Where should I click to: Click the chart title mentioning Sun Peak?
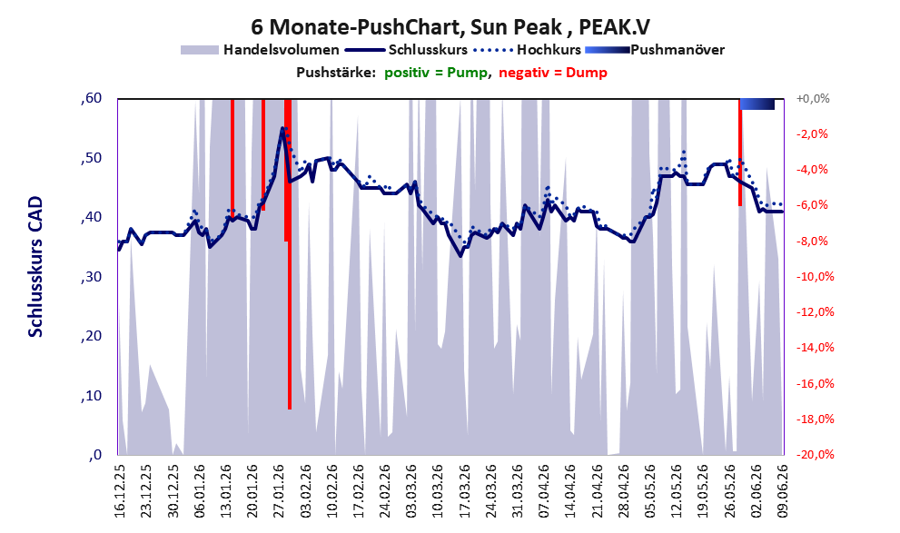pos(450,26)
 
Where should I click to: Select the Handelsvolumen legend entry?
pos(260,50)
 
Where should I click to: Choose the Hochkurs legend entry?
pos(527,50)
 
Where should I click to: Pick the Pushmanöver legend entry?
pos(655,50)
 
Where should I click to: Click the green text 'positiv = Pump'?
pos(436,73)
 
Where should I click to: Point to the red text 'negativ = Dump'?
pos(553,73)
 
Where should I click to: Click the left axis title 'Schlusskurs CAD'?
pos(35,267)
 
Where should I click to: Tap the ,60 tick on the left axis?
pos(92,98)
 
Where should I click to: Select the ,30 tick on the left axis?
pos(92,277)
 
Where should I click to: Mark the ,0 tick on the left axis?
pos(95,455)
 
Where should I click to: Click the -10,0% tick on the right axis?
pos(815,277)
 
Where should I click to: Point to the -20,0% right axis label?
pos(815,454)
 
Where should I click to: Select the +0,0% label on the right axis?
pos(813,99)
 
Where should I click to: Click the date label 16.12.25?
pos(119,491)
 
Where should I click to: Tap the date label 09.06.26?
pos(783,491)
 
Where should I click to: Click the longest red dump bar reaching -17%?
pos(290,254)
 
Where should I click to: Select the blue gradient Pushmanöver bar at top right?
pos(757,104)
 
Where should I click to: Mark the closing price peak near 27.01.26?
pos(282,128)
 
